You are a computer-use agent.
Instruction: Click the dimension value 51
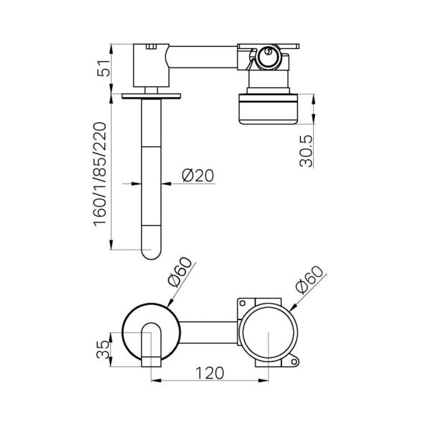point(104,68)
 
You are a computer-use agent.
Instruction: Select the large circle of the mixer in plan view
point(267,332)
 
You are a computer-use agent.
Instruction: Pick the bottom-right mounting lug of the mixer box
point(293,360)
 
